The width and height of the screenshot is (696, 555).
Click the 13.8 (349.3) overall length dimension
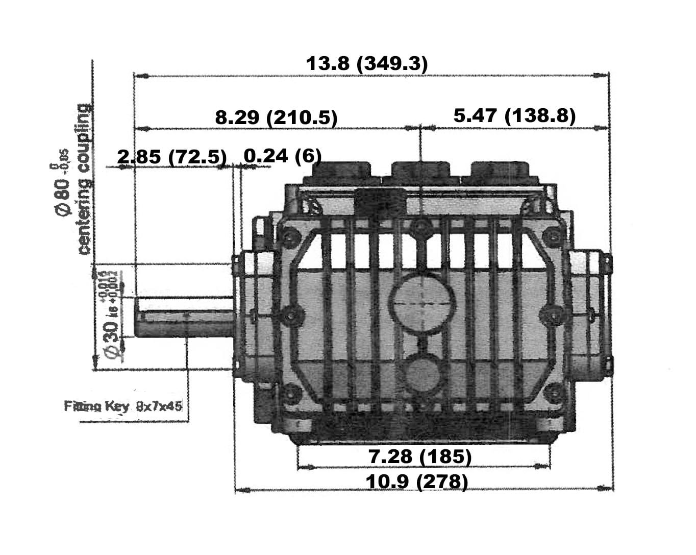(x=366, y=64)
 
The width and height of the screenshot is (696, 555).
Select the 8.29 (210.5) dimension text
(x=276, y=117)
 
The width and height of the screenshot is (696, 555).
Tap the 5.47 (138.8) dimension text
(x=514, y=116)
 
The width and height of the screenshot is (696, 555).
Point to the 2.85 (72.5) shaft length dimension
(x=172, y=157)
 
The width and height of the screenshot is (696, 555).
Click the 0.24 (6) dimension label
(x=282, y=156)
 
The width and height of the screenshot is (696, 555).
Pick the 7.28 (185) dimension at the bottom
(x=419, y=456)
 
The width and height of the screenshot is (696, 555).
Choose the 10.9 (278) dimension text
(x=416, y=481)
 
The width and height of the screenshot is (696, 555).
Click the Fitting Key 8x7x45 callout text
(x=123, y=406)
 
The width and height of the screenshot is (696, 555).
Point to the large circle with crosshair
(x=421, y=302)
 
